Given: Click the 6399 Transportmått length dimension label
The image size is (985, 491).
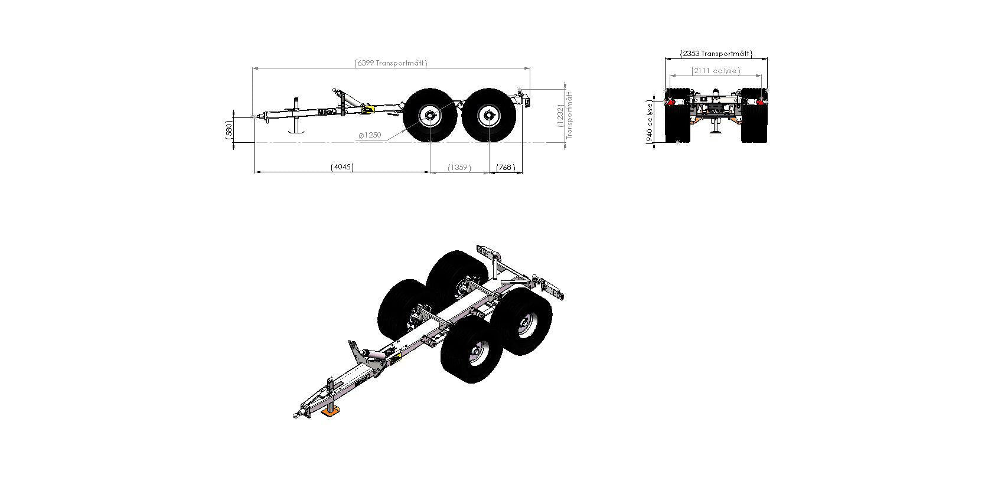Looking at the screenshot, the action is (x=391, y=63).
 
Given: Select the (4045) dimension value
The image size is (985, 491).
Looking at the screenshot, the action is (x=342, y=167).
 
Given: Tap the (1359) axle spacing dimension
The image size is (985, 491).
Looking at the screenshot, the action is (x=459, y=168).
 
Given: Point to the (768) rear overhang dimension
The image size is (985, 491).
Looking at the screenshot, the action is (x=505, y=168).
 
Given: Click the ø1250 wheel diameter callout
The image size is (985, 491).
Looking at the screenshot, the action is (x=370, y=135).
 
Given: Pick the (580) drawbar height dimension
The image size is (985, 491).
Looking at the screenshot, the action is (x=229, y=130).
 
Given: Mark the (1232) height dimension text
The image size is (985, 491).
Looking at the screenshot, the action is (x=560, y=116).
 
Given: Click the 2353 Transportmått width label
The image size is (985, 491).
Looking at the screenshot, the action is (x=716, y=54).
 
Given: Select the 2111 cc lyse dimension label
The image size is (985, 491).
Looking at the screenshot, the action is (x=716, y=71).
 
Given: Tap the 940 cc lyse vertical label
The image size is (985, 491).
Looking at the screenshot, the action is (x=650, y=123).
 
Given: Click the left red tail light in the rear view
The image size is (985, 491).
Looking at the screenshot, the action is (x=671, y=102).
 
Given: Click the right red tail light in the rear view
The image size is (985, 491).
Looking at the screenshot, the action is (x=760, y=102).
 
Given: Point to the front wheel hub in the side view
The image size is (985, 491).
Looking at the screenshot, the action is (x=430, y=116).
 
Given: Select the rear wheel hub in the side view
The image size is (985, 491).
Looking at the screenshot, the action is (x=488, y=116).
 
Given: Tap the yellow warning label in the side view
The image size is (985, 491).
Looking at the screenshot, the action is (x=367, y=110).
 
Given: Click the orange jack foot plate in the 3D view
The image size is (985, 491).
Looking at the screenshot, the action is (x=331, y=411).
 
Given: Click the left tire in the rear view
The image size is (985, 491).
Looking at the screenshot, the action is (x=677, y=115).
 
